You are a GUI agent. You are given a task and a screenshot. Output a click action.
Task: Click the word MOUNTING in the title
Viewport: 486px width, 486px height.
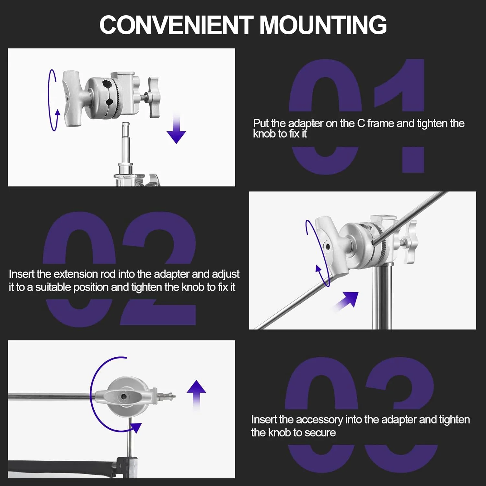(x=323, y=25)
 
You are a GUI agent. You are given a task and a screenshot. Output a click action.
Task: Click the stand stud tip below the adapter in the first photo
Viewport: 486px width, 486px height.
(x=125, y=125)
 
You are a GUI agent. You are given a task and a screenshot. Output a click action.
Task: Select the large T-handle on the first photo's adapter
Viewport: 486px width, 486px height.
(x=74, y=98)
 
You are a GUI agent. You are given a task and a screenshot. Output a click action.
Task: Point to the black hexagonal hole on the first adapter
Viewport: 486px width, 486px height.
(x=108, y=84)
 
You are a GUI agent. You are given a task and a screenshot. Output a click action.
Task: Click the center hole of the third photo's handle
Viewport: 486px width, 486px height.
(x=123, y=397)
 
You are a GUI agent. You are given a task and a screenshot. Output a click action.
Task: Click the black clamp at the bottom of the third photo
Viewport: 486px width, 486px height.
(x=125, y=467)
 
